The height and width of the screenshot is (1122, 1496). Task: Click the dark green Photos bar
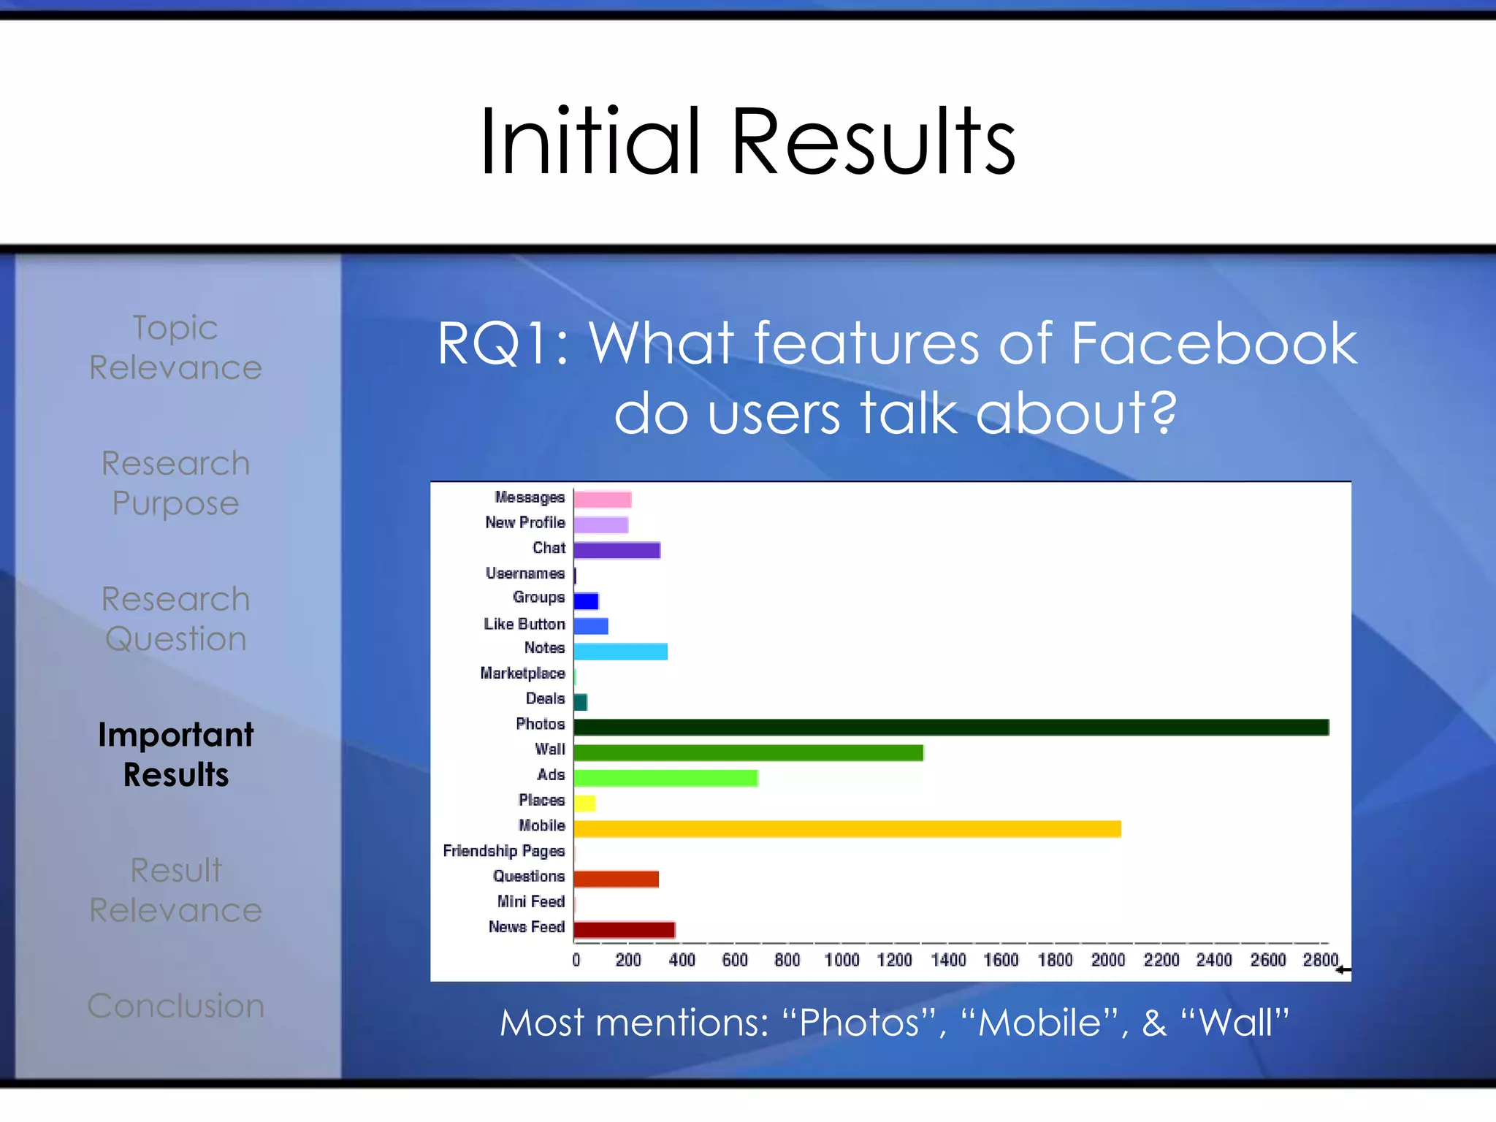coord(950,727)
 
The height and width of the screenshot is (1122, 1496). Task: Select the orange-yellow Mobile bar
coord(847,828)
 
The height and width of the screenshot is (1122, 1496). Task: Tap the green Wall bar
coord(748,752)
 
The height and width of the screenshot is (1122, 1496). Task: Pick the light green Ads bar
coord(665,778)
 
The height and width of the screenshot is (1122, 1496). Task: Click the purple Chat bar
coord(617,550)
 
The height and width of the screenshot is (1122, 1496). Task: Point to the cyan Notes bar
coord(620,651)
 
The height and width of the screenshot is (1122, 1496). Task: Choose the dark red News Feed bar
coord(624,930)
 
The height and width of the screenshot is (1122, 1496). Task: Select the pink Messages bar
coord(602,500)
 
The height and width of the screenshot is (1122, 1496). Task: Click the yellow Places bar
coord(584,804)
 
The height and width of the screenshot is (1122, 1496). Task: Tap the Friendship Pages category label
coord(503,851)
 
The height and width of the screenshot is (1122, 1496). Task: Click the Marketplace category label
coord(522,673)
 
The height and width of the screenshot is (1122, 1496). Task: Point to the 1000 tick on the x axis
coord(841,960)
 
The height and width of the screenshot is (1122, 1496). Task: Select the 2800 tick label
coord(1320,960)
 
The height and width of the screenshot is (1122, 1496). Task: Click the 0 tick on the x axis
coord(576,960)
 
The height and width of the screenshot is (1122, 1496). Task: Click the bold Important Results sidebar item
coord(176,755)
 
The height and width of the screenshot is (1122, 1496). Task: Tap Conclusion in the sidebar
coord(176,1006)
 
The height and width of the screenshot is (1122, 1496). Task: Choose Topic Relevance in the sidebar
coord(176,348)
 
